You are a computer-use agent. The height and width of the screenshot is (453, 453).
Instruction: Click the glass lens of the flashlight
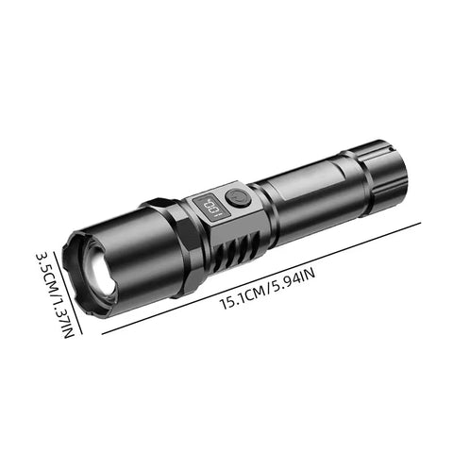(99, 270)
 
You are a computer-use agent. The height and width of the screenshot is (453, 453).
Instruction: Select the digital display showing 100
(206, 207)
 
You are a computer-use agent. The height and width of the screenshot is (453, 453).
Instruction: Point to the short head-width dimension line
(69, 283)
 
